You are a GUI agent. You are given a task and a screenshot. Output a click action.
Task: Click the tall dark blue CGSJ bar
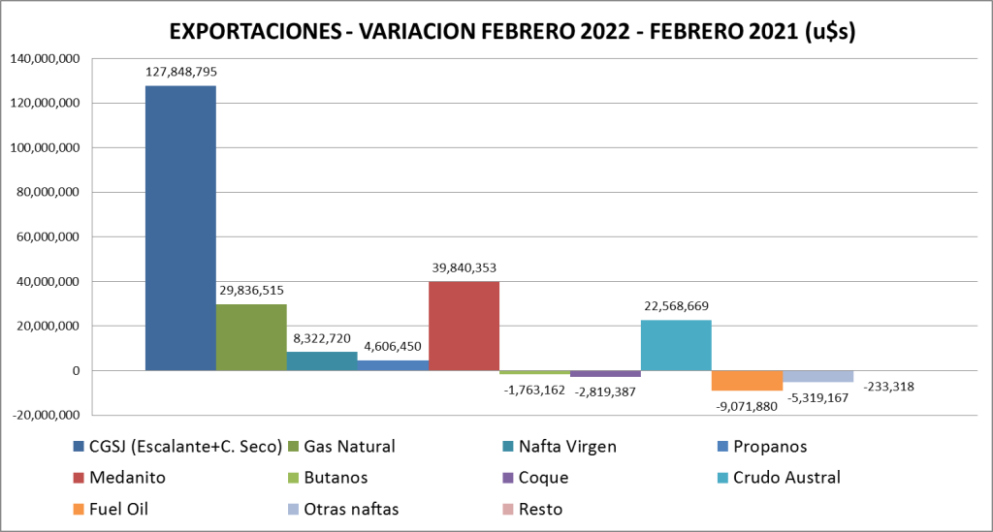coord(180,228)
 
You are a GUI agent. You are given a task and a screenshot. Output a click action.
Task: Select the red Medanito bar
coord(464,326)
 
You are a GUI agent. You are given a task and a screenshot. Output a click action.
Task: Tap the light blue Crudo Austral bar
coord(676,345)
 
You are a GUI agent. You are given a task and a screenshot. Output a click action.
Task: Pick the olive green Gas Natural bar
coord(251,337)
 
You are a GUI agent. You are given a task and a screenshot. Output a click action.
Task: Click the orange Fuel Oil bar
coord(747,380)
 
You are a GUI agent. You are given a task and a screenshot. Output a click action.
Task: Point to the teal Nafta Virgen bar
coord(322,360)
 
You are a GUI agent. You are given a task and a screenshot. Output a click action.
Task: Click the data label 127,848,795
coord(180,72)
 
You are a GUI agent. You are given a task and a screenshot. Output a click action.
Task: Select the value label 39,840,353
coord(464,267)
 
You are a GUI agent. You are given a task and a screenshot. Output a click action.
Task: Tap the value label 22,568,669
coord(676,306)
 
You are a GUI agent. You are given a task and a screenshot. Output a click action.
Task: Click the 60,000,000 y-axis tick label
coord(48,236)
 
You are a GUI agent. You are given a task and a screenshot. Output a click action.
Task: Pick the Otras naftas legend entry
coord(343,509)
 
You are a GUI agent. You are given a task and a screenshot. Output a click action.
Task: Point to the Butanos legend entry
coord(337,478)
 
